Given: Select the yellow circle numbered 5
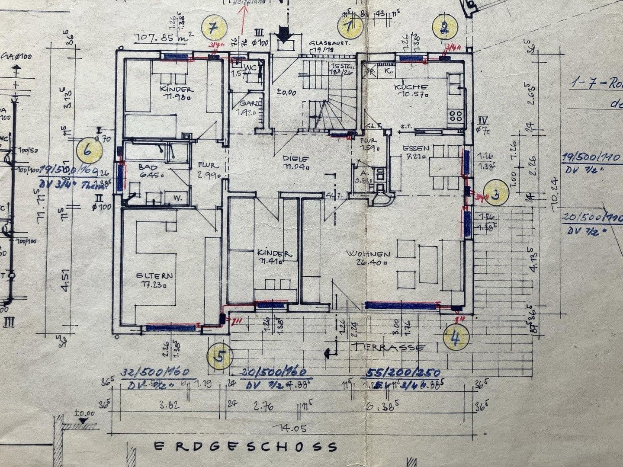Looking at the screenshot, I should pos(220,356).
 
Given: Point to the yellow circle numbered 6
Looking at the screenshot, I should pos(88,151).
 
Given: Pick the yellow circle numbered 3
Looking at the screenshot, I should pos(496,194).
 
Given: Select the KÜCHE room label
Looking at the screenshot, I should pos(411,86).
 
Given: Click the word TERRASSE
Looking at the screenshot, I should pos(389,347).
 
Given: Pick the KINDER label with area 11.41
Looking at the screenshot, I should pos(272,253).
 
